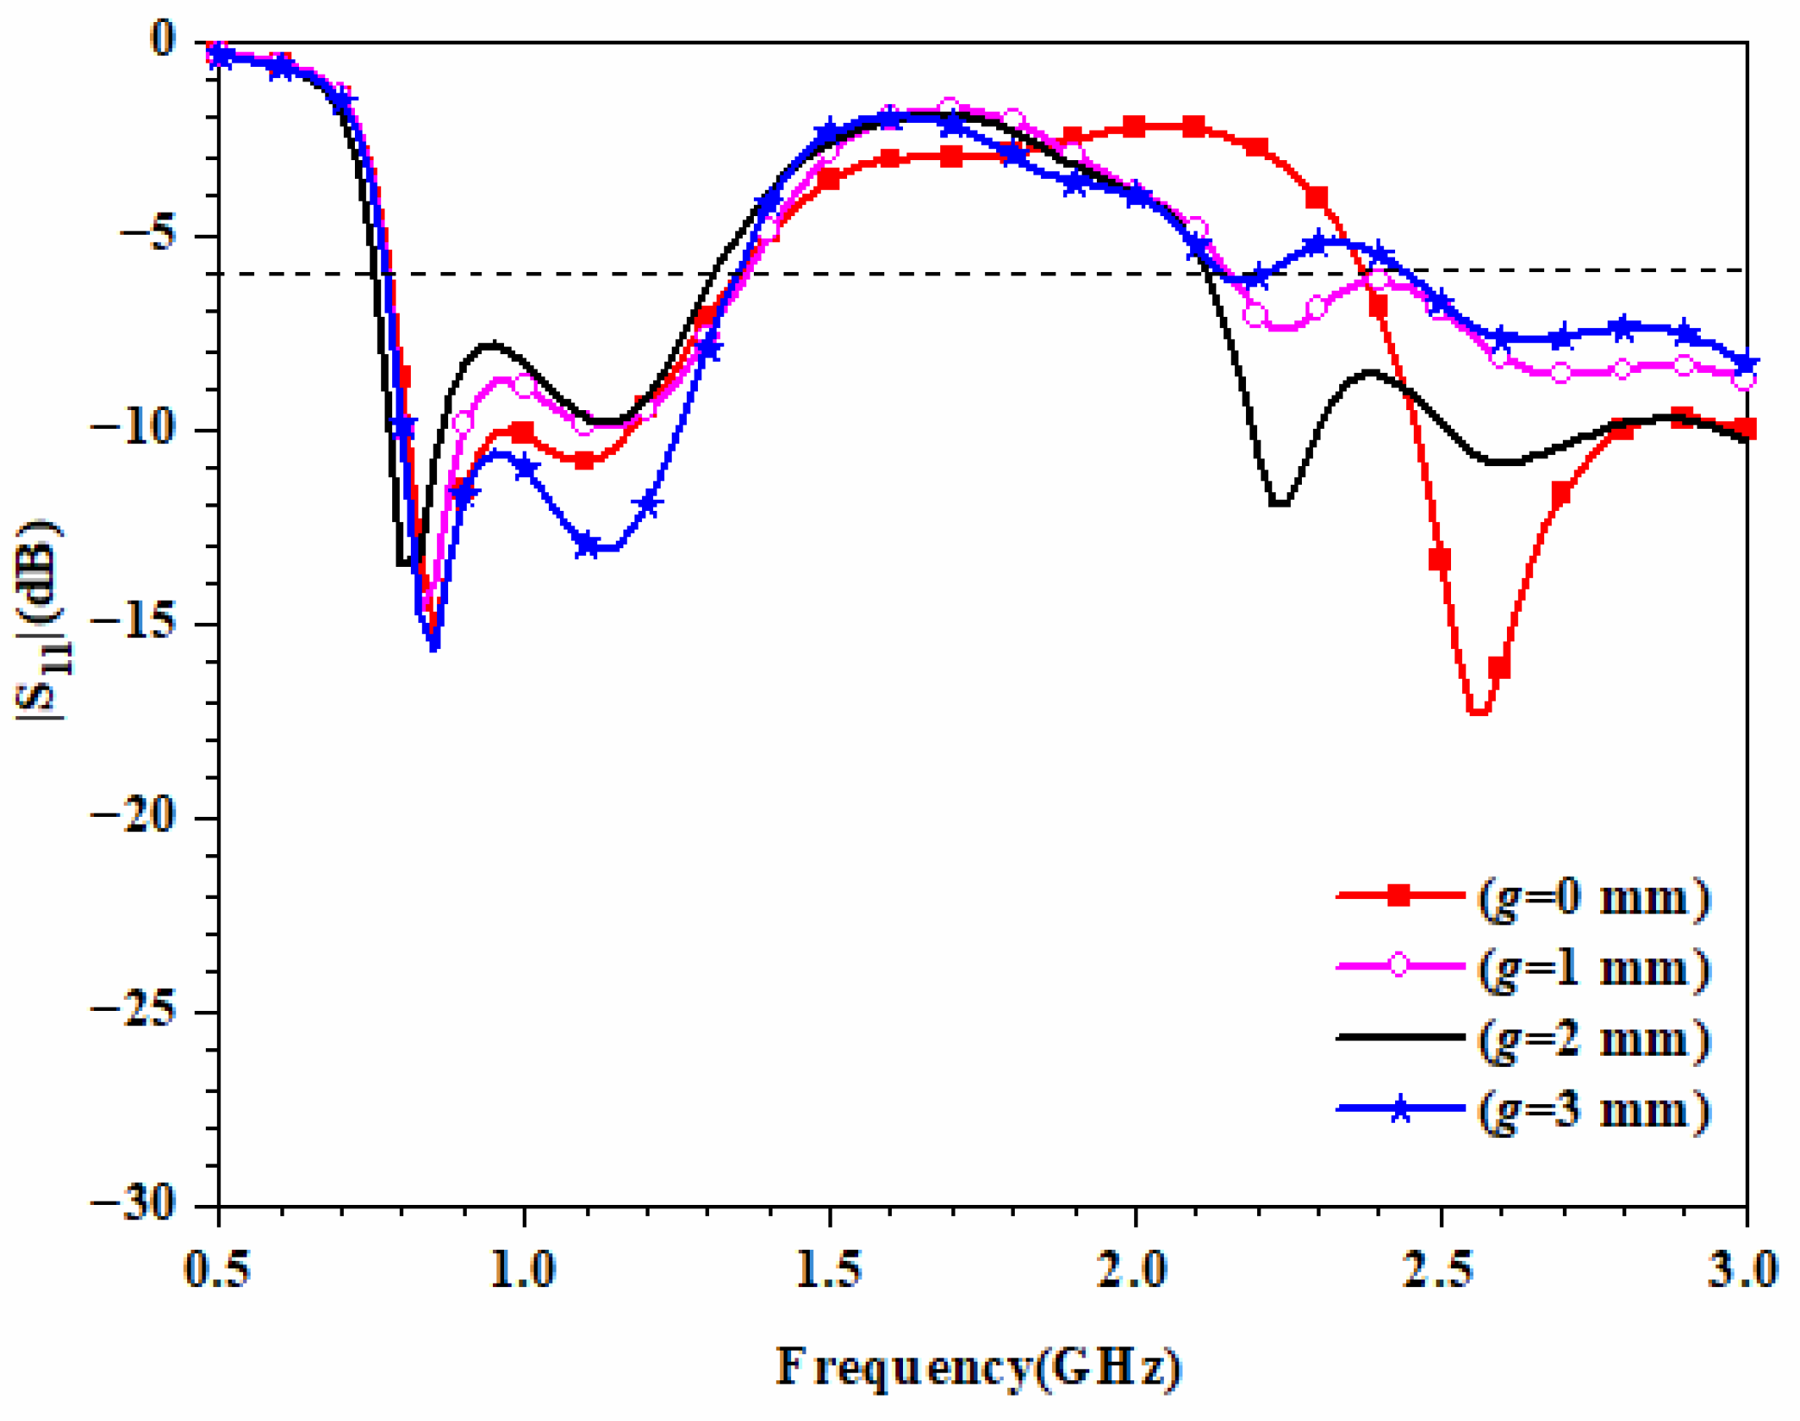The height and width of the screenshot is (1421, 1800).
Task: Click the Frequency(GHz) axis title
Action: tap(978, 1366)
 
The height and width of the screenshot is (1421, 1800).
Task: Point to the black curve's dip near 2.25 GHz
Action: tap(1280, 504)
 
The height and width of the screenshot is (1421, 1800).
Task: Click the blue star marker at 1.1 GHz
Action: tap(587, 544)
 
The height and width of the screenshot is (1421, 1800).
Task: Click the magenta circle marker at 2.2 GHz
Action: tap(1255, 315)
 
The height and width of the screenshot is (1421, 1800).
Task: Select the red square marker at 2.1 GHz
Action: tap(1194, 127)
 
